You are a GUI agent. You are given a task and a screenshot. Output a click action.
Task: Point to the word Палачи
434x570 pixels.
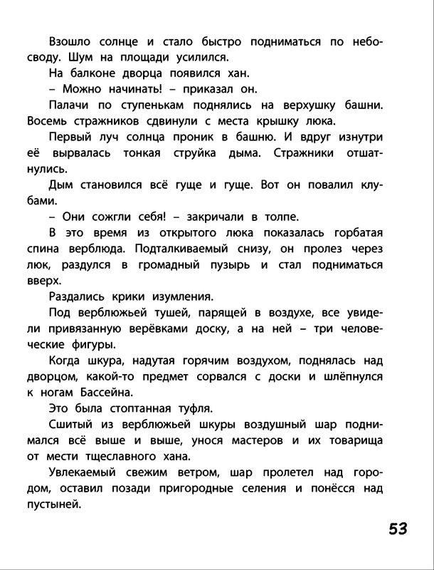(72, 105)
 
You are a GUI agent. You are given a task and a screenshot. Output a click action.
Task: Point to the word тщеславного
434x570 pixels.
(122, 456)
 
